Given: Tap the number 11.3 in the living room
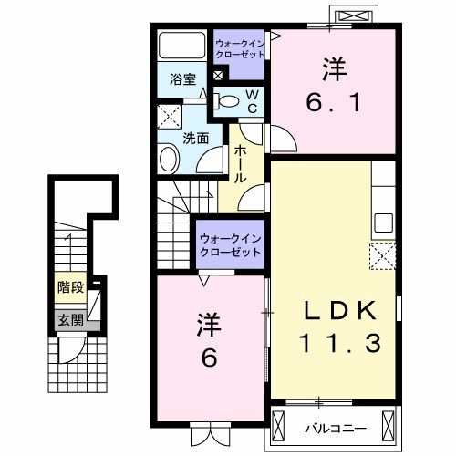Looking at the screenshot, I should (x=335, y=344).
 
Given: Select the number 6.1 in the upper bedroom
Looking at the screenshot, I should (x=333, y=99).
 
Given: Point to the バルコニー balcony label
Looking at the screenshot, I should (x=335, y=425).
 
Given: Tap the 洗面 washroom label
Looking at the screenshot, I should (x=195, y=138).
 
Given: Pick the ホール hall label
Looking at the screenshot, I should (x=241, y=163).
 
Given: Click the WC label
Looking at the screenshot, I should (x=253, y=100).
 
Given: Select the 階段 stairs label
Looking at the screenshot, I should (x=70, y=287).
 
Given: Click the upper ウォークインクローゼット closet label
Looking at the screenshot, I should (x=241, y=47).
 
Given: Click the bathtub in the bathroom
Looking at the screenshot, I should (x=181, y=46).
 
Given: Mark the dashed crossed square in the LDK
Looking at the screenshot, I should (x=381, y=256).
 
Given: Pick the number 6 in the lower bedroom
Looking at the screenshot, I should (x=209, y=358).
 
